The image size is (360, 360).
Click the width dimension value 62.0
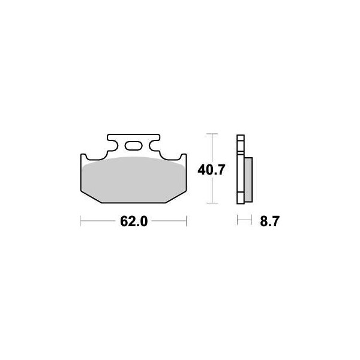coord(134,221)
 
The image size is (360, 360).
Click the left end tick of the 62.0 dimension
coord(81,221)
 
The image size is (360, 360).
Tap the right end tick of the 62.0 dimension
coord(187,221)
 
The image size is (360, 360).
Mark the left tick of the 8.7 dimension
coord(238,221)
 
